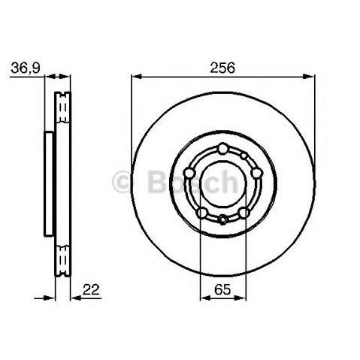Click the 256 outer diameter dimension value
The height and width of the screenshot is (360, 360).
click(x=222, y=68)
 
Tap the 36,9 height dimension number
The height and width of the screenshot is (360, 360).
click(x=26, y=68)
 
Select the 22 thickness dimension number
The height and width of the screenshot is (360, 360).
click(x=91, y=289)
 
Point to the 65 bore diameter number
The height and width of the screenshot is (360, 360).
click(x=222, y=289)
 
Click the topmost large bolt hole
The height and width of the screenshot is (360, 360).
click(x=222, y=149)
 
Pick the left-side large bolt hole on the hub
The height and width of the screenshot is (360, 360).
click(x=189, y=173)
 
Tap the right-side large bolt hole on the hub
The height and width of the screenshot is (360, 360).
click(x=256, y=173)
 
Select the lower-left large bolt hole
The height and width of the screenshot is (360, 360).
click(x=202, y=213)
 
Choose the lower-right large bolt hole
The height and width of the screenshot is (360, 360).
click(x=244, y=213)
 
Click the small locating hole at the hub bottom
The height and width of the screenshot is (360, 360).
click(x=222, y=219)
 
